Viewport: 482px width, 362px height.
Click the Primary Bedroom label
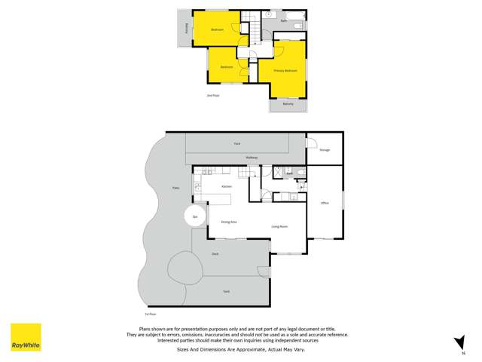pos(285,70)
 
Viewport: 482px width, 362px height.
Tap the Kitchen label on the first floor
pos(226,186)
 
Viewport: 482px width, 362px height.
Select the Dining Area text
pos(229,222)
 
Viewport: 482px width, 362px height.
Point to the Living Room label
pos(280,226)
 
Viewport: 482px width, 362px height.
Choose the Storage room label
pos(325,150)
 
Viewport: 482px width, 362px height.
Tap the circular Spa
pos(194,216)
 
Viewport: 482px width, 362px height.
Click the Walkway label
pos(252,158)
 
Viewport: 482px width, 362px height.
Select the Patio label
pos(175,188)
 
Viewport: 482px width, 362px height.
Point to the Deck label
pos(215,254)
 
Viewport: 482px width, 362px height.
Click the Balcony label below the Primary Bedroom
pos(288,104)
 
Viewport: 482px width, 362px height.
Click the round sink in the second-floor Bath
pos(268,14)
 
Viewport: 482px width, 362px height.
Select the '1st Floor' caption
pos(150,312)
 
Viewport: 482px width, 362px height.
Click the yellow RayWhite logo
pos(26,337)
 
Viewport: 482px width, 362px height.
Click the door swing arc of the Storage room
pos(310,140)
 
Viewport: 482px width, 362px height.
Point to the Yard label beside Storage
pos(236,143)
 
